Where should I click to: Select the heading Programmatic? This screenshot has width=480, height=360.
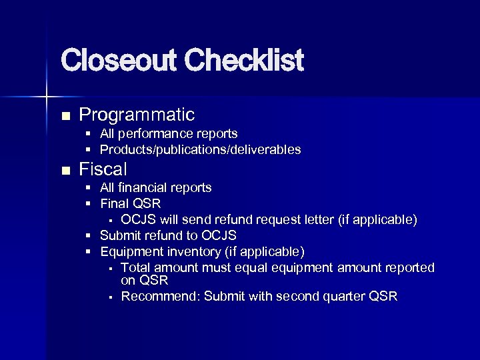click(137, 115)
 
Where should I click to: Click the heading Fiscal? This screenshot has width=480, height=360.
click(103, 169)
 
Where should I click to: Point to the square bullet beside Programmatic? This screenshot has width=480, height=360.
click(65, 116)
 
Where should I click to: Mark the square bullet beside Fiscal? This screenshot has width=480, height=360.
click(65, 171)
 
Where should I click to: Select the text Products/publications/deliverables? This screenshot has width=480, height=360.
click(200, 149)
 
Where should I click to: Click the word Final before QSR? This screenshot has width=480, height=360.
click(114, 203)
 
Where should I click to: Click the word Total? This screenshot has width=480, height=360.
click(135, 267)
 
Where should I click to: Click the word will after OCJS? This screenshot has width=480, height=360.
click(166, 219)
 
